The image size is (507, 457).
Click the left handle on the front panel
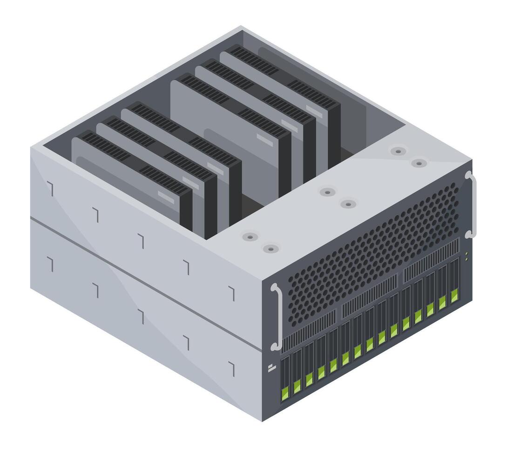click(x=277, y=317)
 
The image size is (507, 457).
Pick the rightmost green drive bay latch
click(x=454, y=295)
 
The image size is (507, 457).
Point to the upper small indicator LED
click(x=466, y=254)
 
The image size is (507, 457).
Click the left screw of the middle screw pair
click(x=327, y=192)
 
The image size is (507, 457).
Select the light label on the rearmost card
click(x=314, y=112)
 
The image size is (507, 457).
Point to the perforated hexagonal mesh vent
click(x=372, y=252)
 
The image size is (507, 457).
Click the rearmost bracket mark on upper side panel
click(x=50, y=188)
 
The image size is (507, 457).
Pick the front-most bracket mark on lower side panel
click(x=232, y=368)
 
